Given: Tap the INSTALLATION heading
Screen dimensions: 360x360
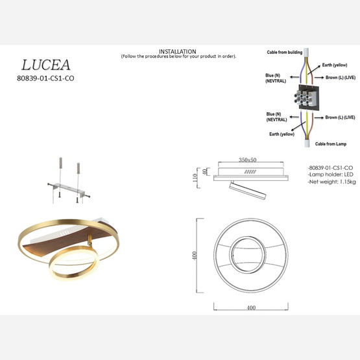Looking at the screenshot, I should tap(178, 51).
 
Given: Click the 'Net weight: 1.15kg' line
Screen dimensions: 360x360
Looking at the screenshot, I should tap(332, 183).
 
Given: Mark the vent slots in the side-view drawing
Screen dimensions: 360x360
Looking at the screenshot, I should tap(250, 172).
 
